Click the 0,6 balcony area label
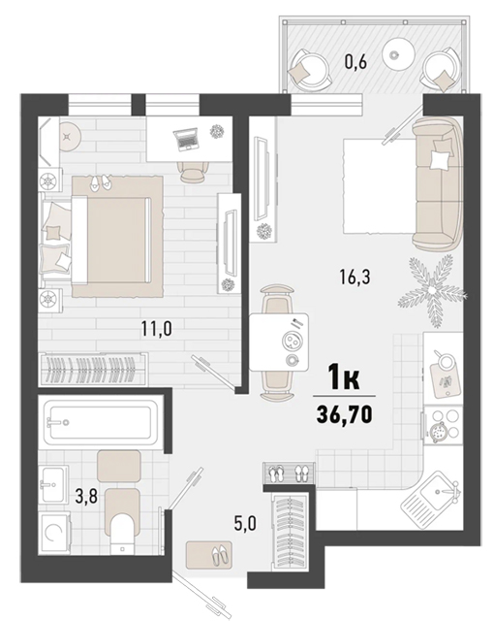[356, 62]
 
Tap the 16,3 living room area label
[355, 277]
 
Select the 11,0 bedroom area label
[157, 328]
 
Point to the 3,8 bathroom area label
[86, 496]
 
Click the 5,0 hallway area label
[246, 524]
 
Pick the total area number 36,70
[344, 414]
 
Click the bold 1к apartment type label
[344, 378]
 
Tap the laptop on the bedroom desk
[185, 139]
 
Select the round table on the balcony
[399, 54]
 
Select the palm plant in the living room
[432, 290]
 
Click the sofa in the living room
[438, 183]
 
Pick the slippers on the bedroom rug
[101, 183]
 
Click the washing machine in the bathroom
[54, 533]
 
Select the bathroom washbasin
[53, 483]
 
